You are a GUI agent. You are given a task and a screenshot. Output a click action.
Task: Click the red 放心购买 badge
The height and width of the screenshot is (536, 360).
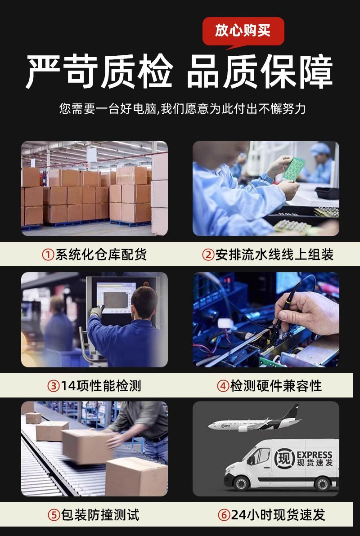[243, 31]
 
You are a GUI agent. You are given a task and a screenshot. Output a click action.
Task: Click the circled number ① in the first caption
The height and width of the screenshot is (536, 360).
[48, 255]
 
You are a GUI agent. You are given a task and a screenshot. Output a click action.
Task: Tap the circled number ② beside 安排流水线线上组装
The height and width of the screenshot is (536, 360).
[208, 255]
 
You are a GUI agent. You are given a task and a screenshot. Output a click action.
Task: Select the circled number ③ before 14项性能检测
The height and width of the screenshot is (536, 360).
[54, 386]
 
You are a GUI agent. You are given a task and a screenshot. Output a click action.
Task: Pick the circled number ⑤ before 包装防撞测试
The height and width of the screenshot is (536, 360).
[54, 515]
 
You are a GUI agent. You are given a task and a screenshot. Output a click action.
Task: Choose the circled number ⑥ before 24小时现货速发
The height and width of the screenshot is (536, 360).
[224, 515]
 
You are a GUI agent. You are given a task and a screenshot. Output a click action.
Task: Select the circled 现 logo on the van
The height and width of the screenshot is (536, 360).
[284, 458]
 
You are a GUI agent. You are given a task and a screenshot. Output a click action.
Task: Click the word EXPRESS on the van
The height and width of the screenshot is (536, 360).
[315, 455]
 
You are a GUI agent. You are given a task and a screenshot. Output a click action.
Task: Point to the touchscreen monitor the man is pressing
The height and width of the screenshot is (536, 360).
[116, 297]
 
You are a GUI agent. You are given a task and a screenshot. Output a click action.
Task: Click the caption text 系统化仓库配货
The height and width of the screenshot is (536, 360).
[101, 255]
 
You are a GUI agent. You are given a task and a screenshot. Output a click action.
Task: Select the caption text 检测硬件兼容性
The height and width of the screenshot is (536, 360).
[276, 386]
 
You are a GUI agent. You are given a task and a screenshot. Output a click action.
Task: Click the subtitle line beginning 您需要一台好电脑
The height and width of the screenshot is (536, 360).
[182, 109]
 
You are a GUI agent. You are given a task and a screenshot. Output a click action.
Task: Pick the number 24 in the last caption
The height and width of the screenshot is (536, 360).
[238, 515]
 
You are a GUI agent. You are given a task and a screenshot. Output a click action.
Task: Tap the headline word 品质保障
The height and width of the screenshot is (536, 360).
[260, 72]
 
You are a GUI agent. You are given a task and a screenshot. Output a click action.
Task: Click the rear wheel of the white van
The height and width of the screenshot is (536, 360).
[322, 483]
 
